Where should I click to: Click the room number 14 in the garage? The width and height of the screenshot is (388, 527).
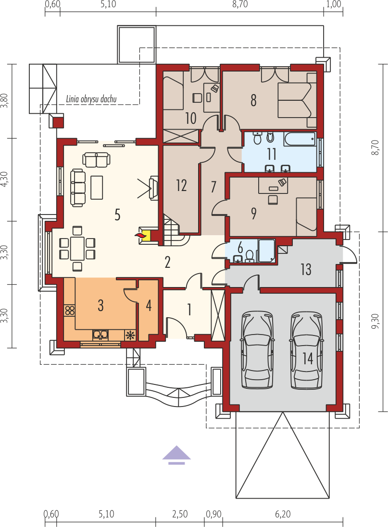click(308, 358)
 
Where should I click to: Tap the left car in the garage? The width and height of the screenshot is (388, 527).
click(257, 350)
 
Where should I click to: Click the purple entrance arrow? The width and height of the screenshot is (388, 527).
click(176, 455)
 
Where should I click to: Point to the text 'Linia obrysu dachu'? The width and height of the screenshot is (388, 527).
click(91, 99)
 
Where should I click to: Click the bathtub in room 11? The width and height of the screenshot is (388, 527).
click(300, 139)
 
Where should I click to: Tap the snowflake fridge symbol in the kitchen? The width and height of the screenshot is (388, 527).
click(130, 335)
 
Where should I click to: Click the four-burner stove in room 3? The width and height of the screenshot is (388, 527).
click(70, 310)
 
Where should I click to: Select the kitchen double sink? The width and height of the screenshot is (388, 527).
click(100, 335)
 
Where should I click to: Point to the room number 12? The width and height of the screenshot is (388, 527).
click(181, 185)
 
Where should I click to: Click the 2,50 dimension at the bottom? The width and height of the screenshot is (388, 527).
click(180, 514)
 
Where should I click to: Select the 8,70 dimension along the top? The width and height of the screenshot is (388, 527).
click(240, 4)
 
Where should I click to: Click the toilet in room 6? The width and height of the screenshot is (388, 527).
click(250, 256)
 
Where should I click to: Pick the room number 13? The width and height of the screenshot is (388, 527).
click(306, 269)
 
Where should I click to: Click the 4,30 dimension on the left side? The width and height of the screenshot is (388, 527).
click(4, 180)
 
